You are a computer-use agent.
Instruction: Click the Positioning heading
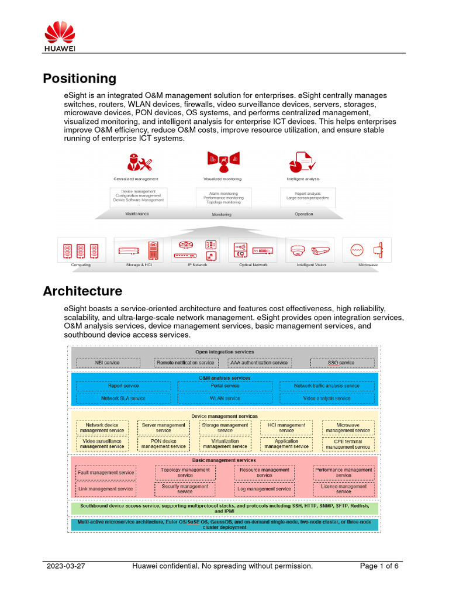80,78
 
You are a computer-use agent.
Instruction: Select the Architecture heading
82,291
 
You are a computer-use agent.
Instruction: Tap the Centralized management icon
136,162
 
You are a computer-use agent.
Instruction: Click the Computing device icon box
81,250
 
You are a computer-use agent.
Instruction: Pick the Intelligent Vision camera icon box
309,250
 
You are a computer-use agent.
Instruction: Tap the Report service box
123,386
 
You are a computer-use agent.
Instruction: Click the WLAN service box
224,398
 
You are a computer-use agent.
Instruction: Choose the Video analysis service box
327,398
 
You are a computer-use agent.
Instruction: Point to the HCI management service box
286,428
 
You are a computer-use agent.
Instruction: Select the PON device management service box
164,443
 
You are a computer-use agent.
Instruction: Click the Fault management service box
106,472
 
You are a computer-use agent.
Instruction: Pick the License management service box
344,488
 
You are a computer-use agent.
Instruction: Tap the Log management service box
264,488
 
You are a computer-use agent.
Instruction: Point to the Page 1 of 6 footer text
379,566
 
